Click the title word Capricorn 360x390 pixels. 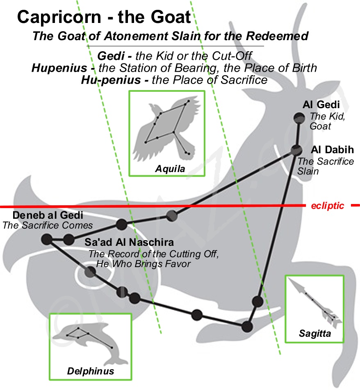point(59,17)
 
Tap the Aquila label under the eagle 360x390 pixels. point(166,169)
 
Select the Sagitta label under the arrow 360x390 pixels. point(314,334)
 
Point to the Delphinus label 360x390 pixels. point(90,372)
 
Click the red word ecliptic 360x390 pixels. point(328,206)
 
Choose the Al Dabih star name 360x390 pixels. point(332,150)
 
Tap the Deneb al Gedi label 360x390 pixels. point(48,215)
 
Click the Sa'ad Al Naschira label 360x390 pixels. point(129,242)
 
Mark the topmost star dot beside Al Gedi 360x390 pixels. point(298,118)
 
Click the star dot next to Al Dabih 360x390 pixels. point(296,150)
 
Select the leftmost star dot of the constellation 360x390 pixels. point(47,240)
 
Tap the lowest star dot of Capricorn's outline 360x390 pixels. point(247,327)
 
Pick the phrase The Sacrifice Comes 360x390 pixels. point(48,225)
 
